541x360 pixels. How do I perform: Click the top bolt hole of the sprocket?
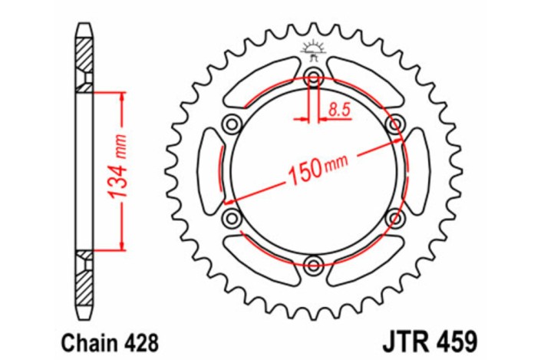[313, 77]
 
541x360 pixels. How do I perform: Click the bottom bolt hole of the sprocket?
[313, 266]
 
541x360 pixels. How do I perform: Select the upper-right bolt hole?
[396, 124]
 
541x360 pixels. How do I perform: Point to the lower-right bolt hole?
[396, 219]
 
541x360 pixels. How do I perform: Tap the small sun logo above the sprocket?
[312, 49]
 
